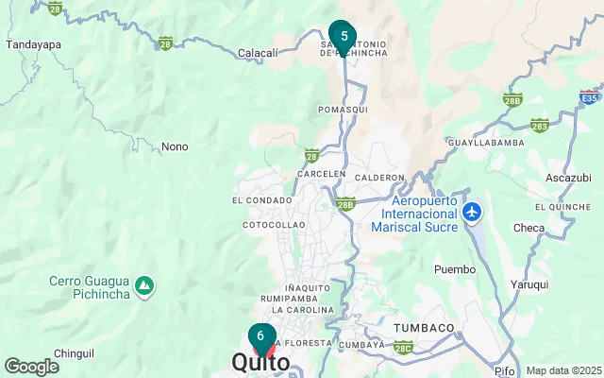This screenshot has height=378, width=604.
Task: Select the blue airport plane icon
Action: pos(474,212)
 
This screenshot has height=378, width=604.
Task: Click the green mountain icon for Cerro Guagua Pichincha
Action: pos(143,284)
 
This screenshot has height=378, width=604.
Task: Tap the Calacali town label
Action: pos(258,54)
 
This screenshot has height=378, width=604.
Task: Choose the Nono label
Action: pos(175,147)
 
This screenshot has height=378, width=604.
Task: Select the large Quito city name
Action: pos(261,363)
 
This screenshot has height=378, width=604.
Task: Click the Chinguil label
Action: pos(74,352)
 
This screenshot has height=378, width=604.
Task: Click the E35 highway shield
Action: pos(589,96)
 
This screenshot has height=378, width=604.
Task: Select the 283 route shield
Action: pos(540,125)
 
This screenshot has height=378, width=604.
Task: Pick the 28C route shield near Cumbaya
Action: pos(404,349)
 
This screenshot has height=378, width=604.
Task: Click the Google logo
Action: pos(31,367)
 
